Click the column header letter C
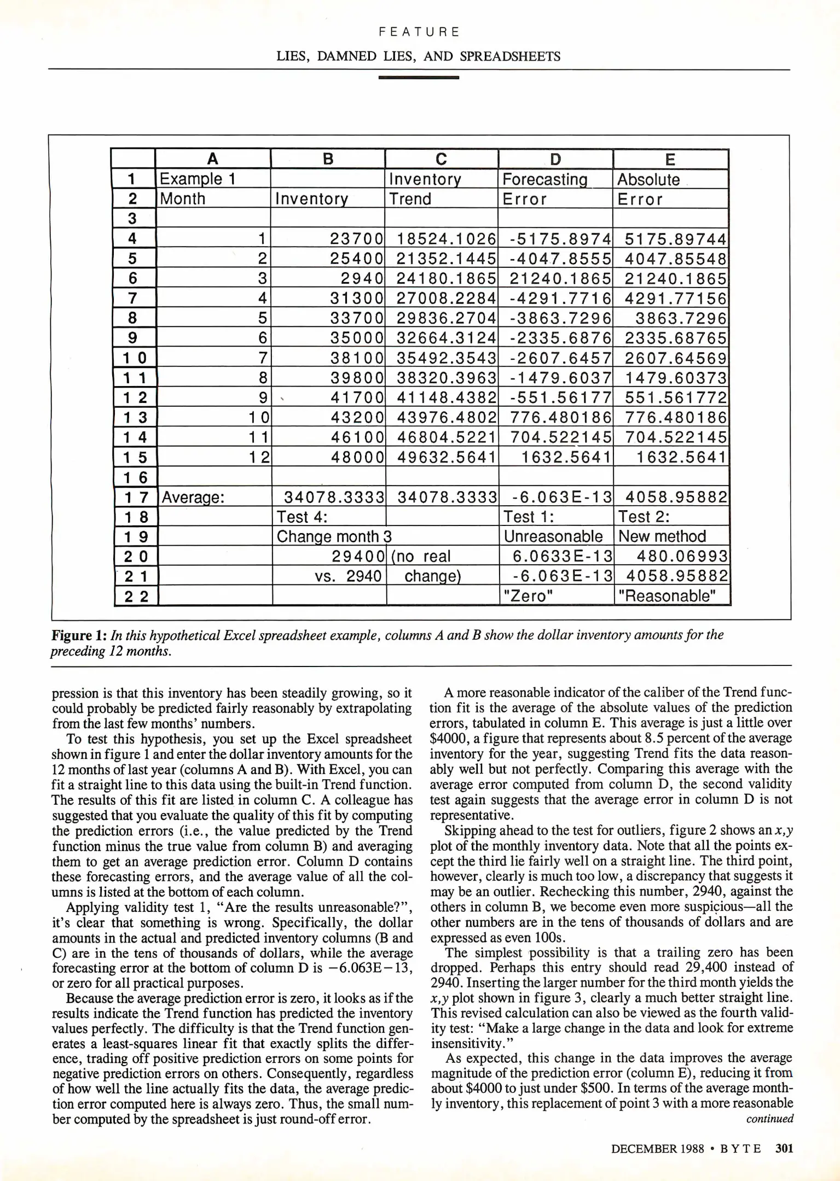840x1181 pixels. pyautogui.click(x=441, y=159)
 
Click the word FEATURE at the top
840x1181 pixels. pyautogui.click(x=419, y=32)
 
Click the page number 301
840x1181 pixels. pyautogui.click(x=784, y=1148)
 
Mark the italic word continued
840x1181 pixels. pyautogui.click(x=769, y=1119)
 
